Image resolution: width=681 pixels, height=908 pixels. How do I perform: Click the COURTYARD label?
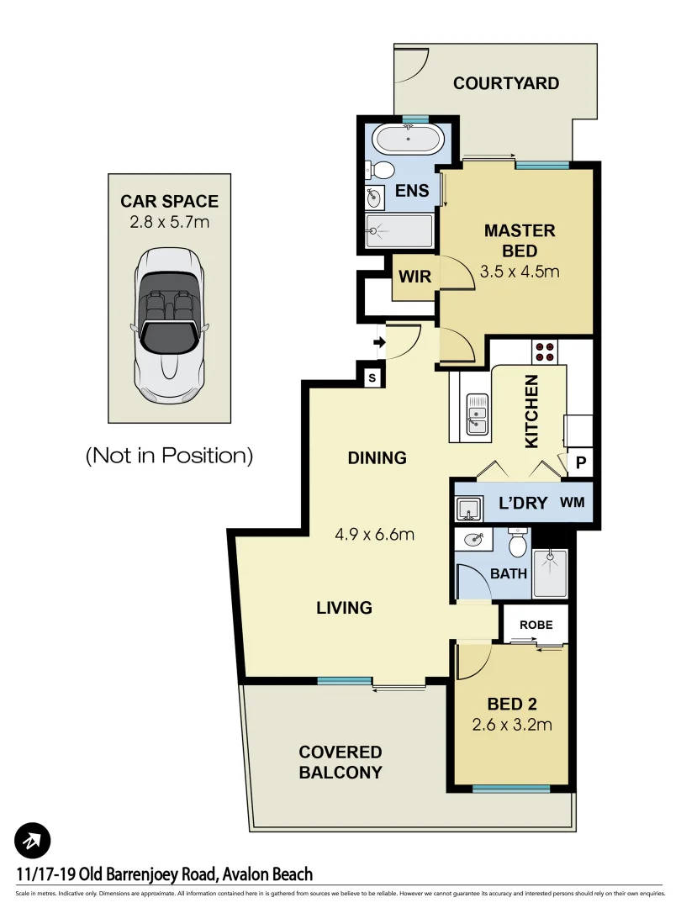click(x=505, y=83)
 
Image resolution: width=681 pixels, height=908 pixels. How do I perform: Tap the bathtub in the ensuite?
click(x=408, y=139)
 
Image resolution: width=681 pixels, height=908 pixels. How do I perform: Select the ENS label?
click(x=412, y=191)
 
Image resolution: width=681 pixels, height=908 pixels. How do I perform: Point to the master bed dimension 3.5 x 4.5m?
click(x=519, y=272)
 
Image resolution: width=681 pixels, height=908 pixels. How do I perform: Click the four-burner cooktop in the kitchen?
click(x=544, y=351)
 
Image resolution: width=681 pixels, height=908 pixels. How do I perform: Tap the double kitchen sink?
click(x=478, y=414)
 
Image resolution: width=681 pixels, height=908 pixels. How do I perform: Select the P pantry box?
click(x=580, y=462)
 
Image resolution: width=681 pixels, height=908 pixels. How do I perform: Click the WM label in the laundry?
click(x=573, y=504)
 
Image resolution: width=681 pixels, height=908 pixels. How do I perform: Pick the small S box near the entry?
click(x=371, y=378)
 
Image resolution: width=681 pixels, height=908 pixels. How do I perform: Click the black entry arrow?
click(x=378, y=342)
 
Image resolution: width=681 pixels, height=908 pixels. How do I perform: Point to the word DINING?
click(x=377, y=458)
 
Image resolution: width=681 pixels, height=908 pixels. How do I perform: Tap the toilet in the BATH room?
click(x=518, y=544)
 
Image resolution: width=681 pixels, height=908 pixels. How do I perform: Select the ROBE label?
click(x=535, y=626)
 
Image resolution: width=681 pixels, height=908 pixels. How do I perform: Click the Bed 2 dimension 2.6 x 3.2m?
click(x=511, y=725)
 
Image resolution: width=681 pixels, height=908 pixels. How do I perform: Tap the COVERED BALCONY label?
click(x=340, y=762)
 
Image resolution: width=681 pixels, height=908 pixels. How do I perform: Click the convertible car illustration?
click(x=169, y=323)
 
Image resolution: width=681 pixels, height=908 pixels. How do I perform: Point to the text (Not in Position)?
click(x=169, y=455)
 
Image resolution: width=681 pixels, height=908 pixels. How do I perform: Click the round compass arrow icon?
click(x=33, y=839)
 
